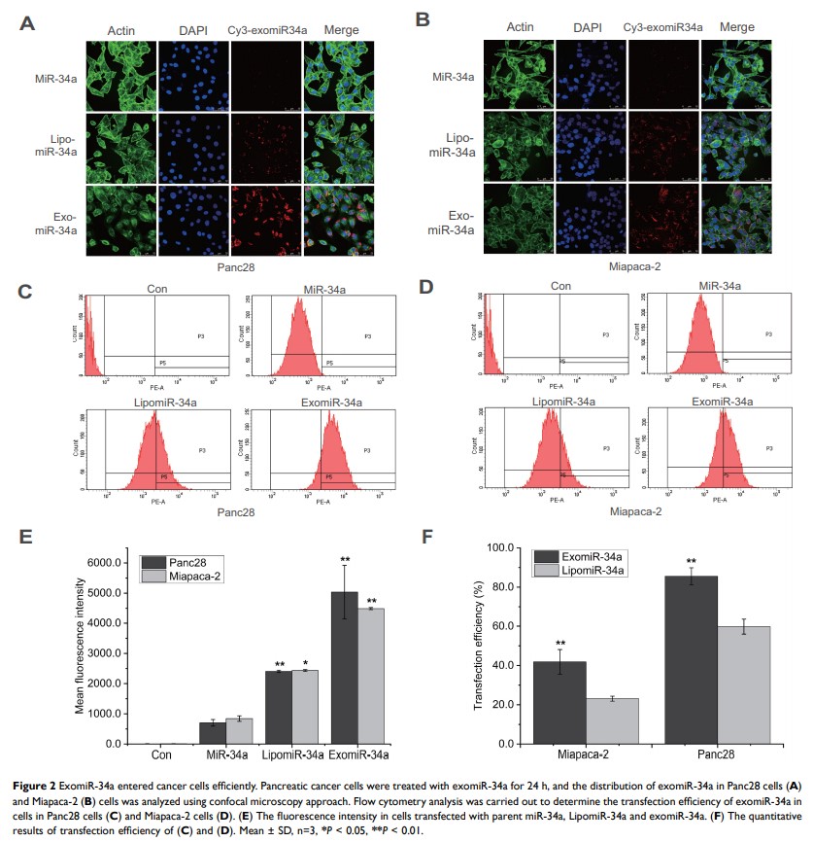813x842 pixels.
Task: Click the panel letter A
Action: click(x=27, y=20)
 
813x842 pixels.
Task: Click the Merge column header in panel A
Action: click(x=330, y=30)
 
